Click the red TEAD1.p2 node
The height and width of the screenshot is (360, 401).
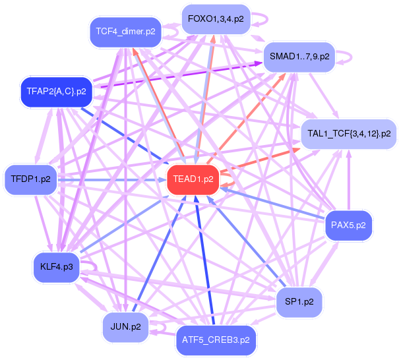(193, 178)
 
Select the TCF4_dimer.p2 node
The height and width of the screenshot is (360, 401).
(125, 32)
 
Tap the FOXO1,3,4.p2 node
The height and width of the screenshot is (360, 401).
(215, 18)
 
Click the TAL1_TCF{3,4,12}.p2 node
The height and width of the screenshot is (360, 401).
(348, 134)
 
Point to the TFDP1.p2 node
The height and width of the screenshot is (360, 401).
(32, 179)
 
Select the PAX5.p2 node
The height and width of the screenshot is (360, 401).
(349, 225)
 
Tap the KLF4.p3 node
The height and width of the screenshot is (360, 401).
(56, 267)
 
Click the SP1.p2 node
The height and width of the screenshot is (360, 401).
(299, 303)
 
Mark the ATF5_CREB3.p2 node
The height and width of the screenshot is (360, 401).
(216, 340)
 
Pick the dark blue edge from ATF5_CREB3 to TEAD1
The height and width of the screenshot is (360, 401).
(204, 264)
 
